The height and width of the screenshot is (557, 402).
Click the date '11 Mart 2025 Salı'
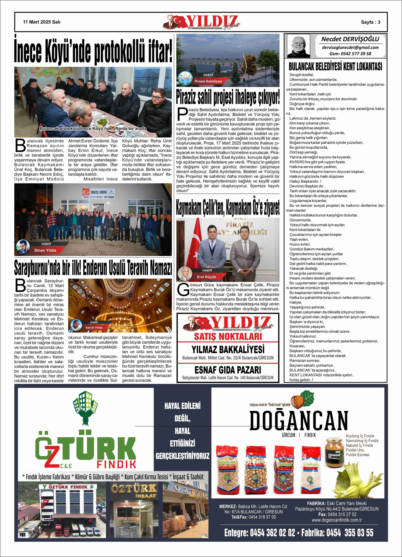(x=42, y=22)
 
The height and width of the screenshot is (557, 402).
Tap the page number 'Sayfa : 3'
(x=370, y=22)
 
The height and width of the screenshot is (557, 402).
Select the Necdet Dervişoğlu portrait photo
(x=298, y=46)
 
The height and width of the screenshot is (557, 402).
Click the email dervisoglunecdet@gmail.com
(x=350, y=47)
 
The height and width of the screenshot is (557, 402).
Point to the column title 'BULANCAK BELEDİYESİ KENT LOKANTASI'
(x=335, y=67)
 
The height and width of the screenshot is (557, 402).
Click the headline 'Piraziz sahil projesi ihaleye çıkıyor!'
(x=228, y=97)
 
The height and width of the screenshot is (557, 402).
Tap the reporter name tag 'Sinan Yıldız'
(x=45, y=250)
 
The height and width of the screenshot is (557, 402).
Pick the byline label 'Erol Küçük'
(x=206, y=277)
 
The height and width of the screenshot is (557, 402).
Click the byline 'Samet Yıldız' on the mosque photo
(x=94, y=327)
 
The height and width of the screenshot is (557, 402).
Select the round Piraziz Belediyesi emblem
(x=185, y=78)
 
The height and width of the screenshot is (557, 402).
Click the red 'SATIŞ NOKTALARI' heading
(x=228, y=336)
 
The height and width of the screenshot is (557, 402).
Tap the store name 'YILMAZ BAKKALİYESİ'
(x=228, y=349)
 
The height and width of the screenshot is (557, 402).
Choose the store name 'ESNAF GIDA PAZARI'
(x=228, y=370)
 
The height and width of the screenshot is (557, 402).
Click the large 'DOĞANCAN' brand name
(x=299, y=421)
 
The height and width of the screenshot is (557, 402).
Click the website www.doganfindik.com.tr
(x=337, y=520)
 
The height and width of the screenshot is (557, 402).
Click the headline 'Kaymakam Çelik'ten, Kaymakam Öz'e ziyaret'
(x=228, y=208)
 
